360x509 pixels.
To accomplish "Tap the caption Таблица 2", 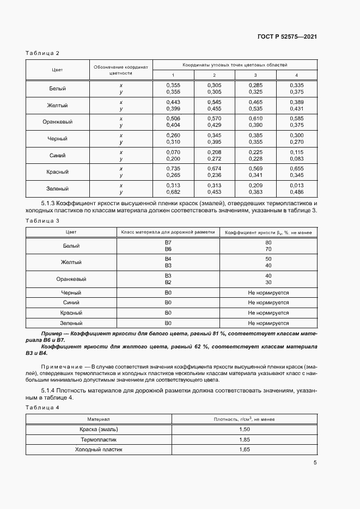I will (x=42, y=53).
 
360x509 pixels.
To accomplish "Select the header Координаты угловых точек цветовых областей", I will (x=235, y=65).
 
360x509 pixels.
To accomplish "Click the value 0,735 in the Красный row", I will (x=173, y=169).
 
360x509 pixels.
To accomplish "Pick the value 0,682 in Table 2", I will (x=173, y=192).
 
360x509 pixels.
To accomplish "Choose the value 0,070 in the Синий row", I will (x=173, y=152).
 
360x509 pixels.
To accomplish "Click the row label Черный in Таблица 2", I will (x=58, y=139).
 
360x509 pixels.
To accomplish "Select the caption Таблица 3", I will (x=42, y=220).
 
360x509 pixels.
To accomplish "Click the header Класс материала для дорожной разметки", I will (x=168, y=232).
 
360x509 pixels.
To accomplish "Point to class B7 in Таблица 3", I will (x=168, y=242).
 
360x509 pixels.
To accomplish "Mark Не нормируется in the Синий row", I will (x=268, y=303).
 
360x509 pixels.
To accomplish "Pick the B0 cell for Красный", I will (x=168, y=313).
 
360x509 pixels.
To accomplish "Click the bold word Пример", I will (x=52, y=333).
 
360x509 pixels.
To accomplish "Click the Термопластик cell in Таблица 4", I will (x=99, y=439).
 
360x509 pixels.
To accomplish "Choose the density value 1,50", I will (x=245, y=430).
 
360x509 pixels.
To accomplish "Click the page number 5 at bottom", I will (x=315, y=463).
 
